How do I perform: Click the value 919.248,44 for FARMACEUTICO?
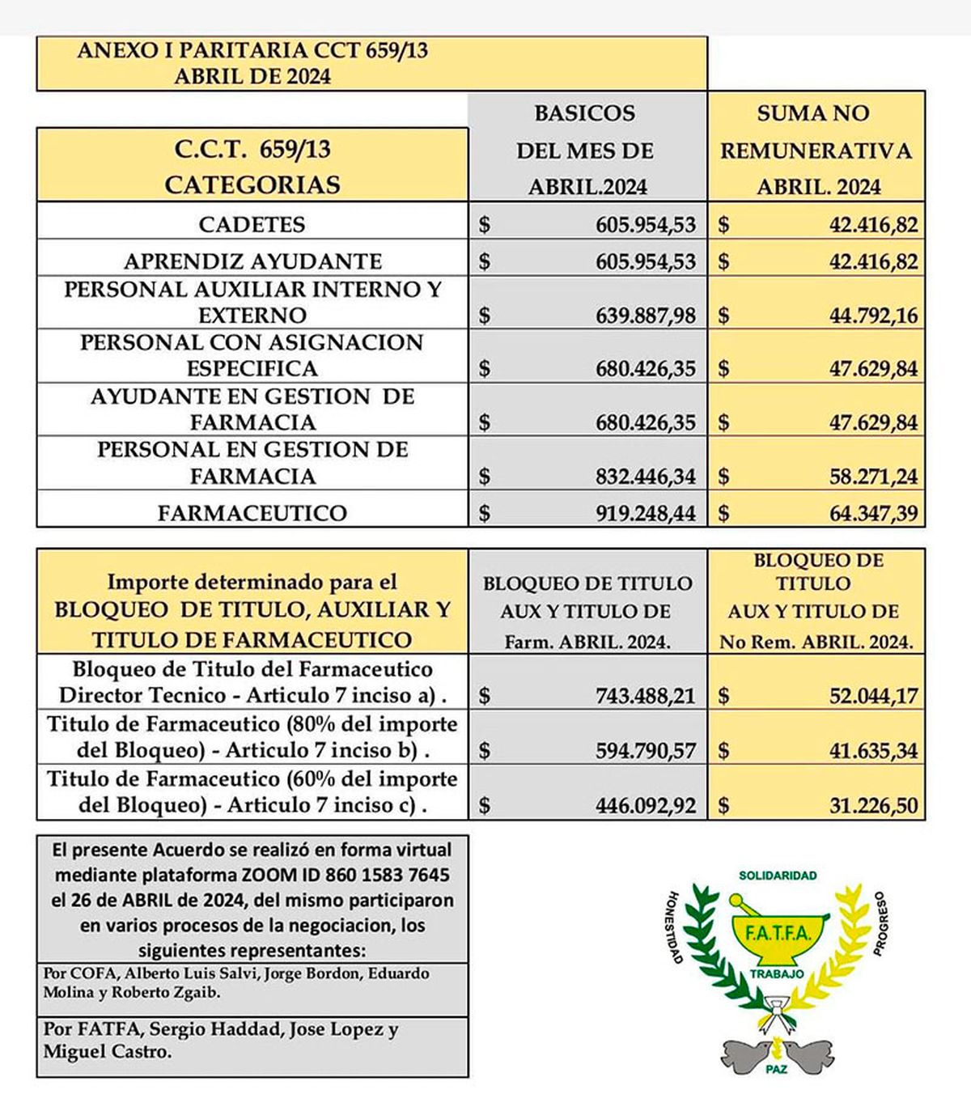tap(646, 513)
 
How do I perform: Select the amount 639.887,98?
tap(646, 315)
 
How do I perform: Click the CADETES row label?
tap(252, 224)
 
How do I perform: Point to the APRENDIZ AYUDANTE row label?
tap(252, 261)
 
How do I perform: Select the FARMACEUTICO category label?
tap(252, 513)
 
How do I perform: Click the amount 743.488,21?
tap(646, 695)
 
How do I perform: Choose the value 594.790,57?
tap(646, 750)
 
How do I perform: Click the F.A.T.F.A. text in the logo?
tap(776, 935)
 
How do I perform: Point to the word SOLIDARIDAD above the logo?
tap(777, 876)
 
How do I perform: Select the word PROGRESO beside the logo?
tap(881, 923)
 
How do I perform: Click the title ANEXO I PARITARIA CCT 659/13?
tap(252, 51)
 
